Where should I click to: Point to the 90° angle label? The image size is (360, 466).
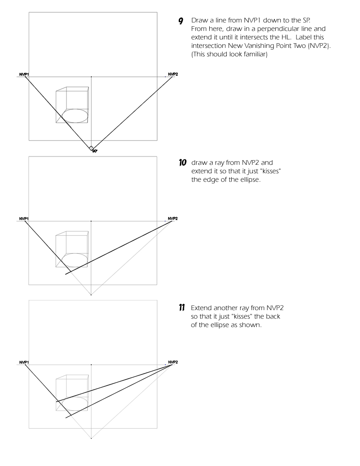coord(94,151)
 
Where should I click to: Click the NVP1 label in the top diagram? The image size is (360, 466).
coord(23,74)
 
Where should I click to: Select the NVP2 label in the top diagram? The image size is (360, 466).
coord(173,74)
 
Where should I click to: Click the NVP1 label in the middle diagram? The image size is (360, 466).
coord(23,218)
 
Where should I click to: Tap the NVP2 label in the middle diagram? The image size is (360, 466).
coord(173,218)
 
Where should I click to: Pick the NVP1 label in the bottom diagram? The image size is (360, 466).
coord(23,362)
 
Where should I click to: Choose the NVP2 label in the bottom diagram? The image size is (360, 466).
coord(173,362)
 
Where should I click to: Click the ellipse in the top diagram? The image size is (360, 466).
coord(75,116)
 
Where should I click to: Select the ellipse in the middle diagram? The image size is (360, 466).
coord(75,260)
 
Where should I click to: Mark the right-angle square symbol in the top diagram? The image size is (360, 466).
coord(91,148)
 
